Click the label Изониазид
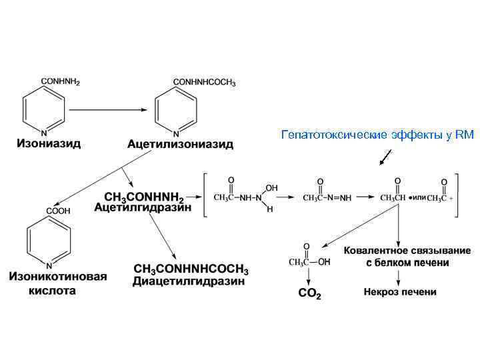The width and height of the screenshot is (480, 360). (x=49, y=144)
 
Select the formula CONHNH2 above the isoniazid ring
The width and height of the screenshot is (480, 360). (x=61, y=81)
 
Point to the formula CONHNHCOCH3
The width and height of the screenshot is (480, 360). (x=204, y=81)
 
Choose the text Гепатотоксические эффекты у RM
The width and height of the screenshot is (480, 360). (x=377, y=135)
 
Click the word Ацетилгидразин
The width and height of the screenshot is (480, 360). (x=143, y=207)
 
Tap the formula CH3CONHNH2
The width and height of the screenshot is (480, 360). (x=143, y=196)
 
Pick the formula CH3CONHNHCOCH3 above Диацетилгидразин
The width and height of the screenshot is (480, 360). (x=191, y=270)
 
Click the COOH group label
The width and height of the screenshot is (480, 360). (x=58, y=211)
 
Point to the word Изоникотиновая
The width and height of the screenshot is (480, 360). (x=58, y=277)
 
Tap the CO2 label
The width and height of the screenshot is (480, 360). (x=309, y=293)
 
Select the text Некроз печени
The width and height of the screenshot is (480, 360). (x=400, y=292)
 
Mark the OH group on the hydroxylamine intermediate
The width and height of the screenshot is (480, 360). (x=272, y=188)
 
